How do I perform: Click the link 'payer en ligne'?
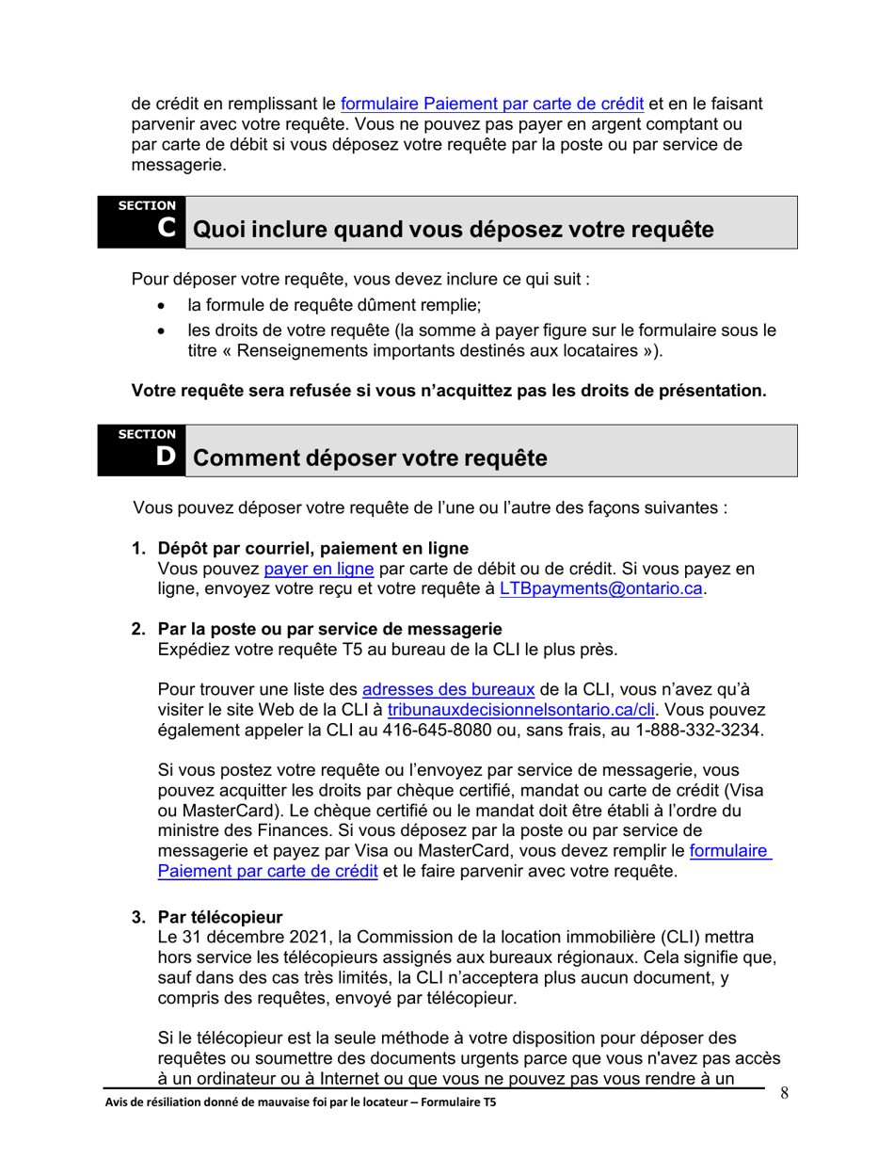[x=319, y=570]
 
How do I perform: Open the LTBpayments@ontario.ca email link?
[x=601, y=590]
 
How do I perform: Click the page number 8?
[x=784, y=1093]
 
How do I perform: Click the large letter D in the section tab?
[x=166, y=457]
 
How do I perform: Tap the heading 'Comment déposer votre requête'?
[x=369, y=458]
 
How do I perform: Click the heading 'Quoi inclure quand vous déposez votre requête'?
[x=453, y=230]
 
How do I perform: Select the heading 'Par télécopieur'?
[x=220, y=916]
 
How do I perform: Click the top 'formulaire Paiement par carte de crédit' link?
[x=491, y=104]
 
